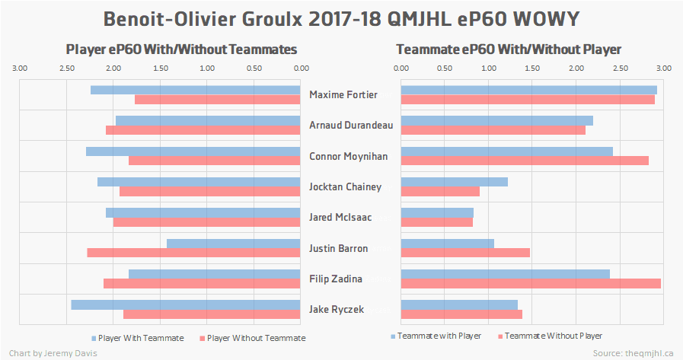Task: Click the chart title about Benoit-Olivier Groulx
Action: (x=341, y=18)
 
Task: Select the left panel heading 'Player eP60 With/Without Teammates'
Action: (x=181, y=49)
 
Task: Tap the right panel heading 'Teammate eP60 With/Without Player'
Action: (x=509, y=49)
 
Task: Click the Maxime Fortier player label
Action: (x=343, y=95)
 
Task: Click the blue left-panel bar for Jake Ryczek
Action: (x=186, y=304)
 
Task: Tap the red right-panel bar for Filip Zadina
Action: (x=530, y=283)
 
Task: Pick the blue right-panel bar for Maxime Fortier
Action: (x=528, y=90)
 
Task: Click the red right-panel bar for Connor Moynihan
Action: (x=525, y=161)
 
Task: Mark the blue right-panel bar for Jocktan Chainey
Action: (x=454, y=182)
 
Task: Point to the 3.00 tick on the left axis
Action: (x=20, y=68)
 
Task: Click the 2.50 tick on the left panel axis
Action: (x=67, y=68)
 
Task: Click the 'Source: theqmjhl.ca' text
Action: (x=633, y=353)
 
